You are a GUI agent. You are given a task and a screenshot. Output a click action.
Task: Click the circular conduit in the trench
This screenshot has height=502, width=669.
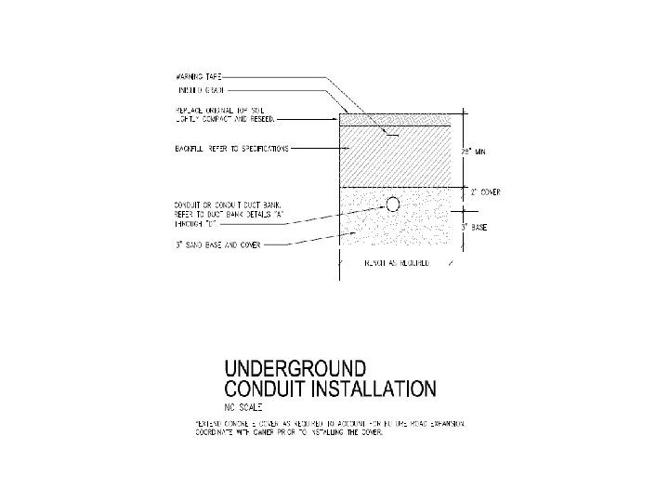[393, 204]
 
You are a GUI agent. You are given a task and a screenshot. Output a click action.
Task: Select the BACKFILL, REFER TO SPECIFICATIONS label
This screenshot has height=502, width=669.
[231, 148]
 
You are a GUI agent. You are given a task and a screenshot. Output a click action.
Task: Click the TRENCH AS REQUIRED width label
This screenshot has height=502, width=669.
[395, 265]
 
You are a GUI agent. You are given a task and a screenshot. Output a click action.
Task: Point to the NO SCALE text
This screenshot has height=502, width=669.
[243, 407]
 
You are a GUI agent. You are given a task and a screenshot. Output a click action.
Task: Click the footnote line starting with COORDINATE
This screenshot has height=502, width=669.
[288, 432]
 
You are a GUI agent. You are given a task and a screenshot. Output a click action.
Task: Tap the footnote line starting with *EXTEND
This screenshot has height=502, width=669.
[329, 423]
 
